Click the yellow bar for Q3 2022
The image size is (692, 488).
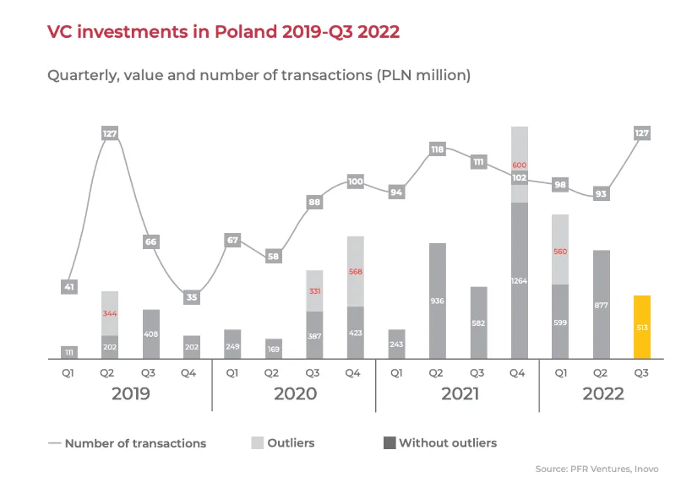tap(642, 328)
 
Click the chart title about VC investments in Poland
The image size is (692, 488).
tap(223, 32)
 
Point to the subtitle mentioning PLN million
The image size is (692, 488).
tap(259, 75)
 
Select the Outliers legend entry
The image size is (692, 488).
tap(282, 442)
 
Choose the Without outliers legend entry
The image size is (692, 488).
tap(440, 442)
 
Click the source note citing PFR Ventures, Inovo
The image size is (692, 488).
tap(597, 469)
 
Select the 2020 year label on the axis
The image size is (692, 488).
tap(295, 393)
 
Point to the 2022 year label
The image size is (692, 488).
tap(602, 393)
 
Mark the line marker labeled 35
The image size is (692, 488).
tap(191, 296)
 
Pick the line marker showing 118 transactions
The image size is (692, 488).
tap(438, 149)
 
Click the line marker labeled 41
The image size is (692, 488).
tap(70, 287)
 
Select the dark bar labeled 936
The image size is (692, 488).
tap(438, 301)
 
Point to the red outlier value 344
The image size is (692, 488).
tap(111, 313)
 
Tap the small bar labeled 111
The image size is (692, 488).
tap(70, 352)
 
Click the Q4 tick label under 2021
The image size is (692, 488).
tap(520, 371)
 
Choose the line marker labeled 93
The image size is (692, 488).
tap(602, 193)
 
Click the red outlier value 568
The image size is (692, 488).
tap(356, 271)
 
